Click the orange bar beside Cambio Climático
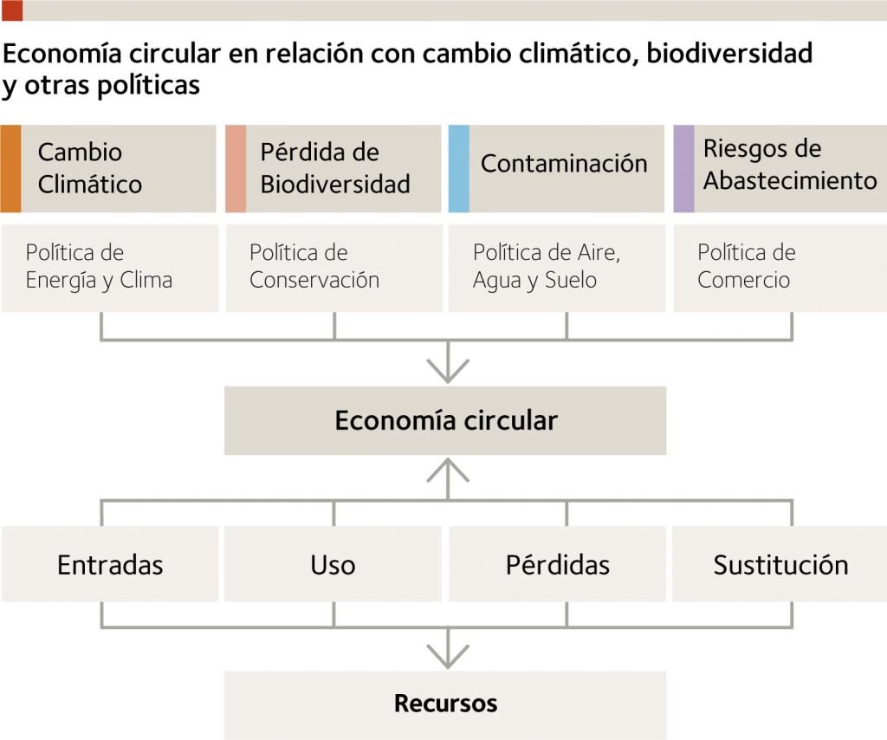click(10, 169)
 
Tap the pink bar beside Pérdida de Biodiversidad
click(236, 169)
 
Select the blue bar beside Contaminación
click(459, 169)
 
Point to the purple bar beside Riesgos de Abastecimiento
click(683, 169)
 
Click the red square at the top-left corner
click(12, 10)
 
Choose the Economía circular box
click(445, 421)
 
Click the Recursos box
click(445, 703)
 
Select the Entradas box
click(110, 565)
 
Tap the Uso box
click(333, 565)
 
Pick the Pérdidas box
click(558, 565)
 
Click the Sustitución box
click(780, 565)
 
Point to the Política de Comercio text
click(746, 266)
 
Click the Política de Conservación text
click(314, 266)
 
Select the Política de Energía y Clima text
click(99, 266)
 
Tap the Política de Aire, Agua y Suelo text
click(547, 266)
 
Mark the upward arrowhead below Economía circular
click(448, 470)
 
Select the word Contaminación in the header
click(564, 164)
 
